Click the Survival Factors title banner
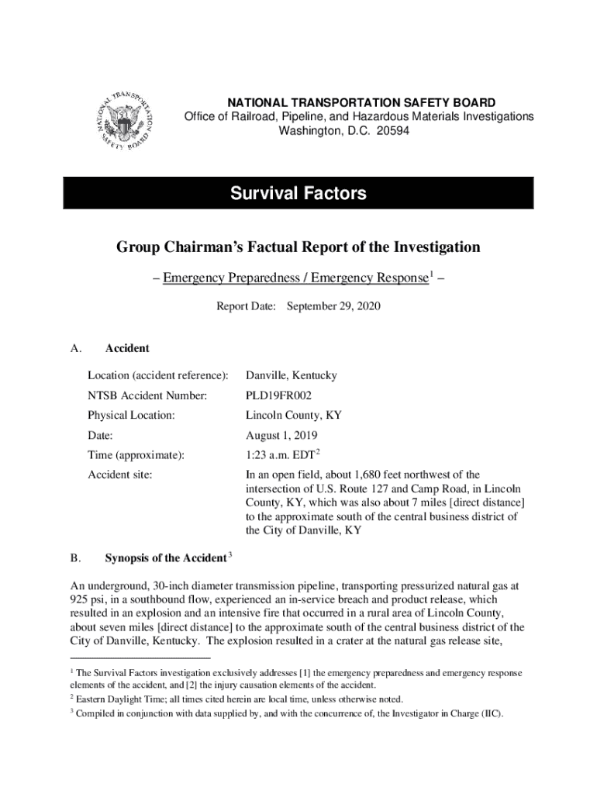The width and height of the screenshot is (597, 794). click(x=298, y=193)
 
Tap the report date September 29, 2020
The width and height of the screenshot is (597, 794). click(x=333, y=306)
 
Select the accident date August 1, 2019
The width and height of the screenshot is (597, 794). click(x=281, y=436)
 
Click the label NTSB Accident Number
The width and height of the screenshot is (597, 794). click(x=147, y=395)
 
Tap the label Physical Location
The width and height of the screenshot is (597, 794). click(x=131, y=416)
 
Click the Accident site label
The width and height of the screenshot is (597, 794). click(x=119, y=475)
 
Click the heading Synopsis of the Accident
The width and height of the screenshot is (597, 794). click(x=165, y=558)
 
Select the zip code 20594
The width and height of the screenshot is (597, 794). click(x=392, y=131)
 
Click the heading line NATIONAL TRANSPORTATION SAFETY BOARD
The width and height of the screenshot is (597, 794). click(x=361, y=102)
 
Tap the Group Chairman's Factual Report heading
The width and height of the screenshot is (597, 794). click(x=298, y=247)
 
